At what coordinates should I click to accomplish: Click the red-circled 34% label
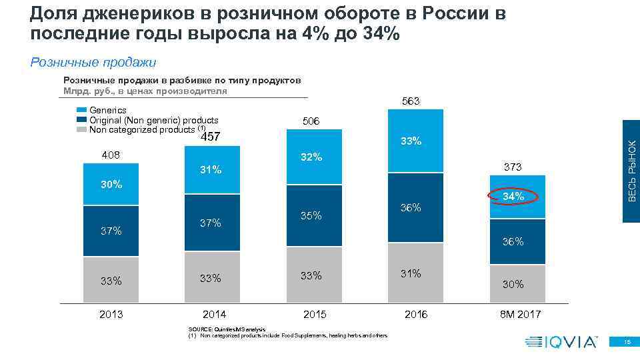(x=513, y=197)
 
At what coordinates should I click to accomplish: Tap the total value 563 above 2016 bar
(x=411, y=101)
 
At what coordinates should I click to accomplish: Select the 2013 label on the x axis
(x=111, y=314)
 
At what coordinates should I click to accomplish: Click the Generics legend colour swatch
(x=82, y=110)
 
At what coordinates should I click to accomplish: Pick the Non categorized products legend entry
(x=143, y=130)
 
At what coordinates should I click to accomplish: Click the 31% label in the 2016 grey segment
(x=411, y=273)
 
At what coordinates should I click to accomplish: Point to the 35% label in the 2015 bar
(x=311, y=215)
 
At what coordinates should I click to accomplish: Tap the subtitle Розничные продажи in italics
(x=93, y=63)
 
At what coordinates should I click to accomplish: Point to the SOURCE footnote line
(x=227, y=329)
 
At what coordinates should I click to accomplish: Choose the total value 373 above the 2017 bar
(x=513, y=166)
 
